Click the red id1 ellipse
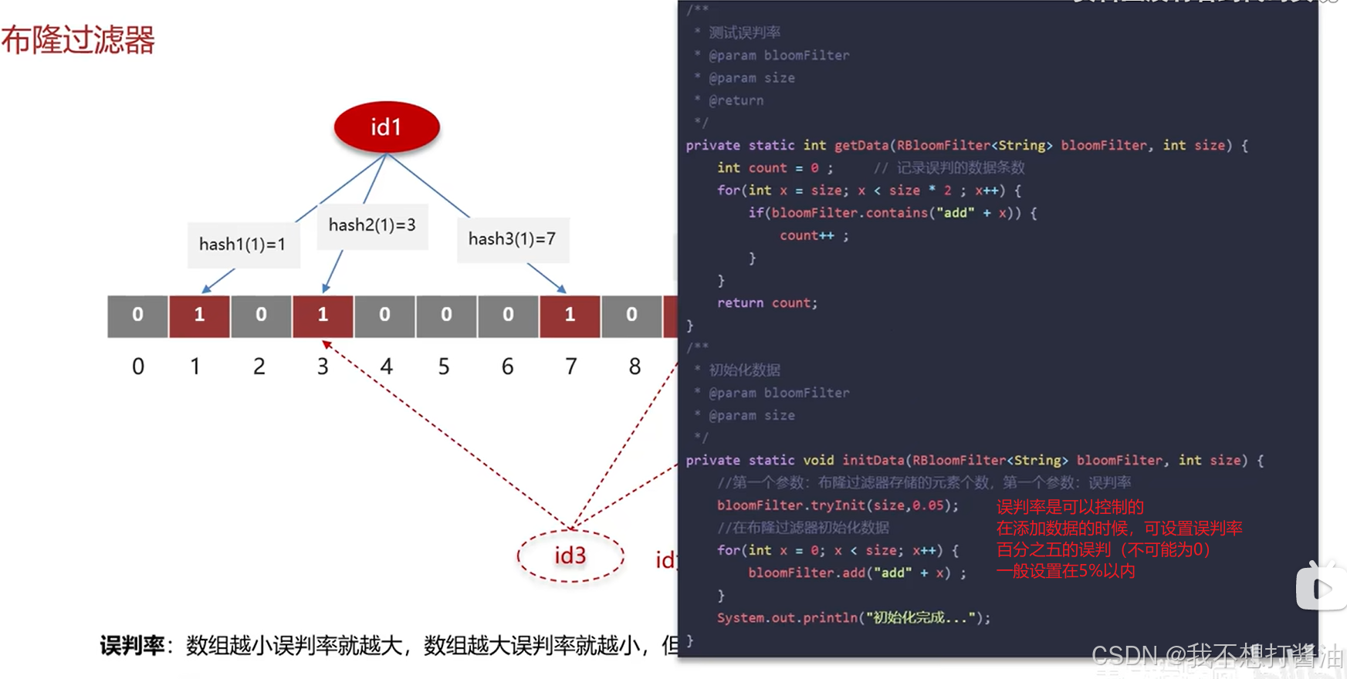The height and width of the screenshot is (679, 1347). [x=386, y=127]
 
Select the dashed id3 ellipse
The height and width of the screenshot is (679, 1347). [x=570, y=556]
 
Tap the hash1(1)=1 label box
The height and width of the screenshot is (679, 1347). [x=243, y=245]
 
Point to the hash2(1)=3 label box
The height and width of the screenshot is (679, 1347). [x=372, y=225]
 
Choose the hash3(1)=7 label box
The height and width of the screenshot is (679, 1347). [x=512, y=239]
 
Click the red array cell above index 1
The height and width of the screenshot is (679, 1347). [x=199, y=316]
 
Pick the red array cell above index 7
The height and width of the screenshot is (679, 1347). [x=570, y=316]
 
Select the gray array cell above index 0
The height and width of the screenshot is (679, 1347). [x=137, y=316]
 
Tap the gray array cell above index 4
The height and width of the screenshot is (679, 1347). [x=384, y=316]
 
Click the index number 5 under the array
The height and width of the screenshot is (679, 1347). [x=444, y=367]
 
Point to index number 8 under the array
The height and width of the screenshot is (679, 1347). [x=635, y=367]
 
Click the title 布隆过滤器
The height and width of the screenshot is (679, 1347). [x=78, y=40]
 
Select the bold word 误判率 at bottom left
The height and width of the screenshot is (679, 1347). [x=132, y=645]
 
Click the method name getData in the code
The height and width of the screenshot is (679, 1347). [x=861, y=145]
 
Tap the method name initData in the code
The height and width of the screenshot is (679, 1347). [x=873, y=460]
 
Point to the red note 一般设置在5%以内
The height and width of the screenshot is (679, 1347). [x=1065, y=571]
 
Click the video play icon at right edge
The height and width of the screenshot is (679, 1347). [x=1322, y=588]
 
